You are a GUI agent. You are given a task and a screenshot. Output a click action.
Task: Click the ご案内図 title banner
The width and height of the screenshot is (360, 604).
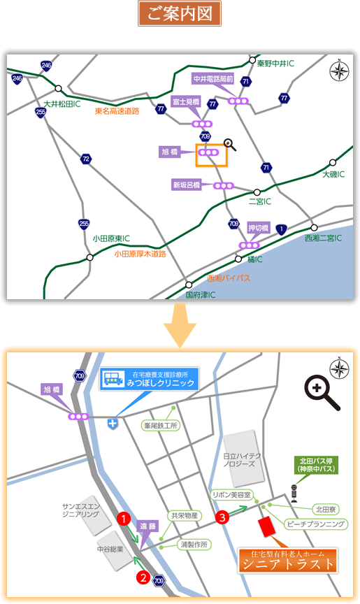[180, 13]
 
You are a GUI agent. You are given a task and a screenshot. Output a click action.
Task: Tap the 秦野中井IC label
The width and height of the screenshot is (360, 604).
[275, 64]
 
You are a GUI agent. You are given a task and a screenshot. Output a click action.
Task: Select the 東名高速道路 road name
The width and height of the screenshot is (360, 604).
[117, 111]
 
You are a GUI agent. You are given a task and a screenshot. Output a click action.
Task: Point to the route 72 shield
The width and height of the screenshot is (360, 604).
[86, 159]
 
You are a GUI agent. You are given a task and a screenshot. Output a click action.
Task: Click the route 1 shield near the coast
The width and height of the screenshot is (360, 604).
[282, 229]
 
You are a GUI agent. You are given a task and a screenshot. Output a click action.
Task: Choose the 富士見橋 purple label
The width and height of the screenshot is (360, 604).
[186, 101]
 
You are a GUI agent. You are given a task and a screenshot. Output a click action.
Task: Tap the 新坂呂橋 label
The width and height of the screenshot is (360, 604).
[187, 185]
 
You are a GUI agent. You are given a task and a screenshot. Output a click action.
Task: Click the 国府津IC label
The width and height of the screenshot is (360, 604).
[201, 295]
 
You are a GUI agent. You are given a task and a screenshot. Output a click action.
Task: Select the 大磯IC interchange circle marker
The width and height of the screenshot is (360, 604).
[333, 163]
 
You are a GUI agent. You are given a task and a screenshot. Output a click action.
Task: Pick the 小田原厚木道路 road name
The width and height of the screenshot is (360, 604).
[140, 254]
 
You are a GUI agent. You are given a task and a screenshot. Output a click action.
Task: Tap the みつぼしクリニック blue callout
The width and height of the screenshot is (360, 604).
[150, 379]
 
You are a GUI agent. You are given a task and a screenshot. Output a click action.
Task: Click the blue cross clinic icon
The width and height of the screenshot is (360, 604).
[113, 424]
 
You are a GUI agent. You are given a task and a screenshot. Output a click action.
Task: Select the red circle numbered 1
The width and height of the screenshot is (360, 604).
[124, 519]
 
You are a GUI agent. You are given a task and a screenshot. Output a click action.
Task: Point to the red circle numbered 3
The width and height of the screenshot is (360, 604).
[222, 517]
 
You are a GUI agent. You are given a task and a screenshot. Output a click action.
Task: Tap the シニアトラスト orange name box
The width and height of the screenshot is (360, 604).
[287, 560]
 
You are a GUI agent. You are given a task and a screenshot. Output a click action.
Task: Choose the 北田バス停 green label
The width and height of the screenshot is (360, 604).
[316, 465]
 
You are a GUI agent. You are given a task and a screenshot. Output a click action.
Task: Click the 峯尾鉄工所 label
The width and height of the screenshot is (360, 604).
[161, 425]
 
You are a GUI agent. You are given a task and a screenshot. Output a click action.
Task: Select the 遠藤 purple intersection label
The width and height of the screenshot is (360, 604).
[147, 526]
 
